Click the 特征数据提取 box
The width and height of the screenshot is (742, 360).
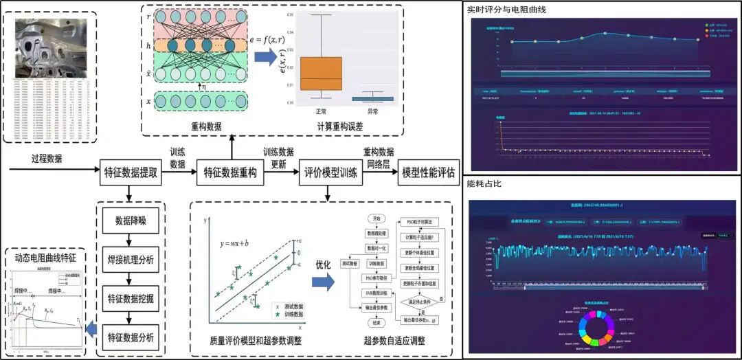coord(131,173)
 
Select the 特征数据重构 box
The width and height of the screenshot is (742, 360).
coord(231,173)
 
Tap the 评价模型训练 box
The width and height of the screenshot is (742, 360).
coord(332,173)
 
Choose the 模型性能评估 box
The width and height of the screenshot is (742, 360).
coord(429,173)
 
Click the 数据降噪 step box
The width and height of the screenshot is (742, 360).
coord(131,221)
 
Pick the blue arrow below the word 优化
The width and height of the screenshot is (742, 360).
coord(323,282)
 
